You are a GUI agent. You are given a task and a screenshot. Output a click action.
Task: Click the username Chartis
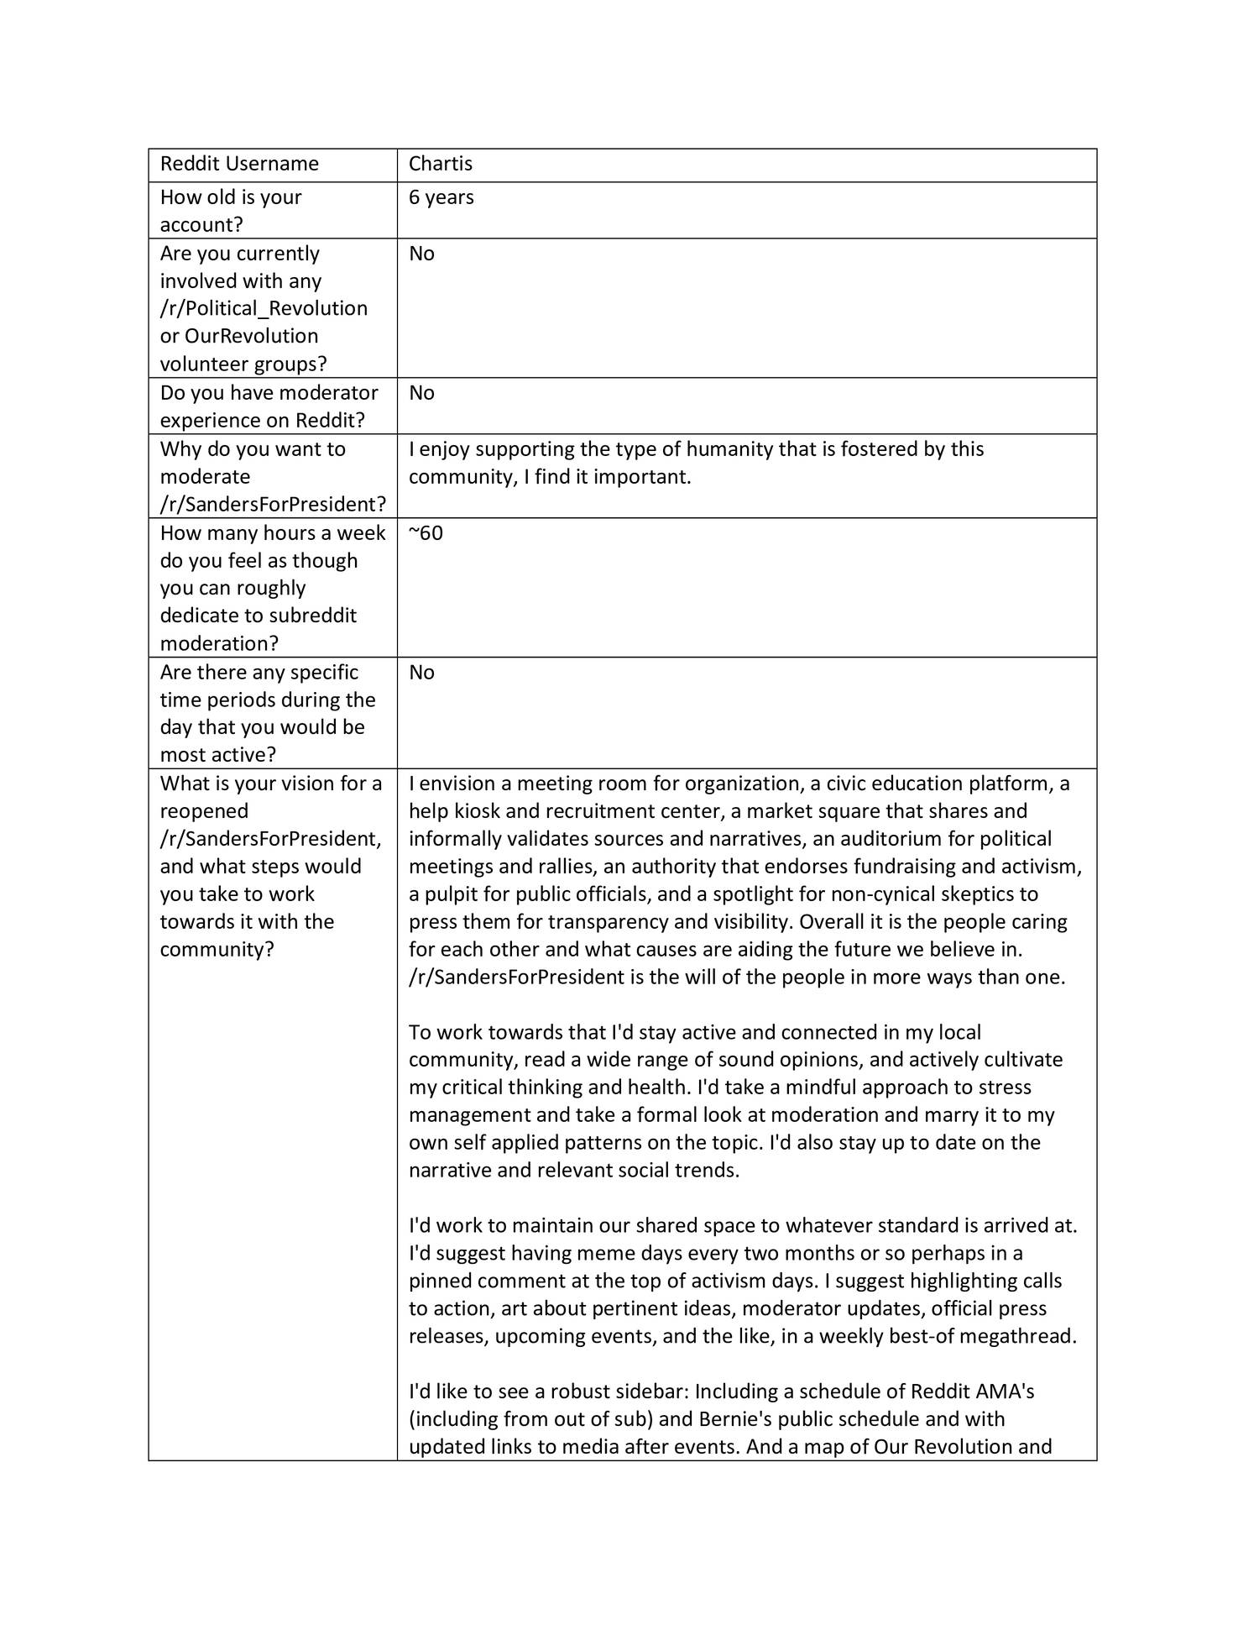pos(441,164)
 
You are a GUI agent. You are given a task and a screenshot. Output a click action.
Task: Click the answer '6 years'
pos(441,197)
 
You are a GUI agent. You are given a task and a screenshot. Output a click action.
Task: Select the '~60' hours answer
pos(426,533)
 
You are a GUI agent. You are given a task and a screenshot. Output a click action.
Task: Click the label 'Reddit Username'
pos(239,164)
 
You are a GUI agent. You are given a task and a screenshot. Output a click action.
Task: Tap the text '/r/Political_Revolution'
pos(264,308)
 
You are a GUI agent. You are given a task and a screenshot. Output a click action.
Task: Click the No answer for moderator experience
pos(421,393)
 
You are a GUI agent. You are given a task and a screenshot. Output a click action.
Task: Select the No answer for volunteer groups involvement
pos(421,254)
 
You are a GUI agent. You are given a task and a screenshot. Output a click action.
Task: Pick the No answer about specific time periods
pos(421,673)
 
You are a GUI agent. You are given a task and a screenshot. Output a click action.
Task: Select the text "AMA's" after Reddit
pos(1005,1392)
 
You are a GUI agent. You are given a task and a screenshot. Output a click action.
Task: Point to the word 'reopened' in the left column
pos(204,811)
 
